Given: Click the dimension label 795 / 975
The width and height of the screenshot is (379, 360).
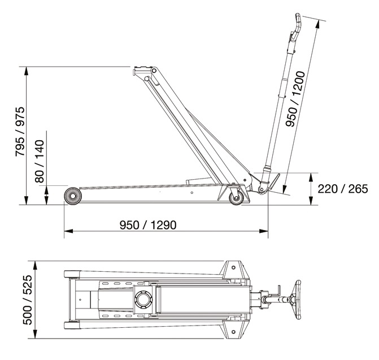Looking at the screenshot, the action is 20,132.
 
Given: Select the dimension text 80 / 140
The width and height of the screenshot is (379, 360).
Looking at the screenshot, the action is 40,161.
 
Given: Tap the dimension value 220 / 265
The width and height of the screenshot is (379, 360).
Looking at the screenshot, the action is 343,189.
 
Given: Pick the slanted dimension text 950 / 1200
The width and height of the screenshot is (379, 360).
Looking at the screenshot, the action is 295,99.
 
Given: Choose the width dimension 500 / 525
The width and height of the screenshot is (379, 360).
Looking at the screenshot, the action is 27,300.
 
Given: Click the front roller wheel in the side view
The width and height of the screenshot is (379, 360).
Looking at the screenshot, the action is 73,196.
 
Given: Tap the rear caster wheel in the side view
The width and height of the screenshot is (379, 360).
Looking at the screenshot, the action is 236,198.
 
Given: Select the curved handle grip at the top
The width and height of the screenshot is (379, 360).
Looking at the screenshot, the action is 297,26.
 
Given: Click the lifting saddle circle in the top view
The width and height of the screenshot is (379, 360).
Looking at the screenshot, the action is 143,299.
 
